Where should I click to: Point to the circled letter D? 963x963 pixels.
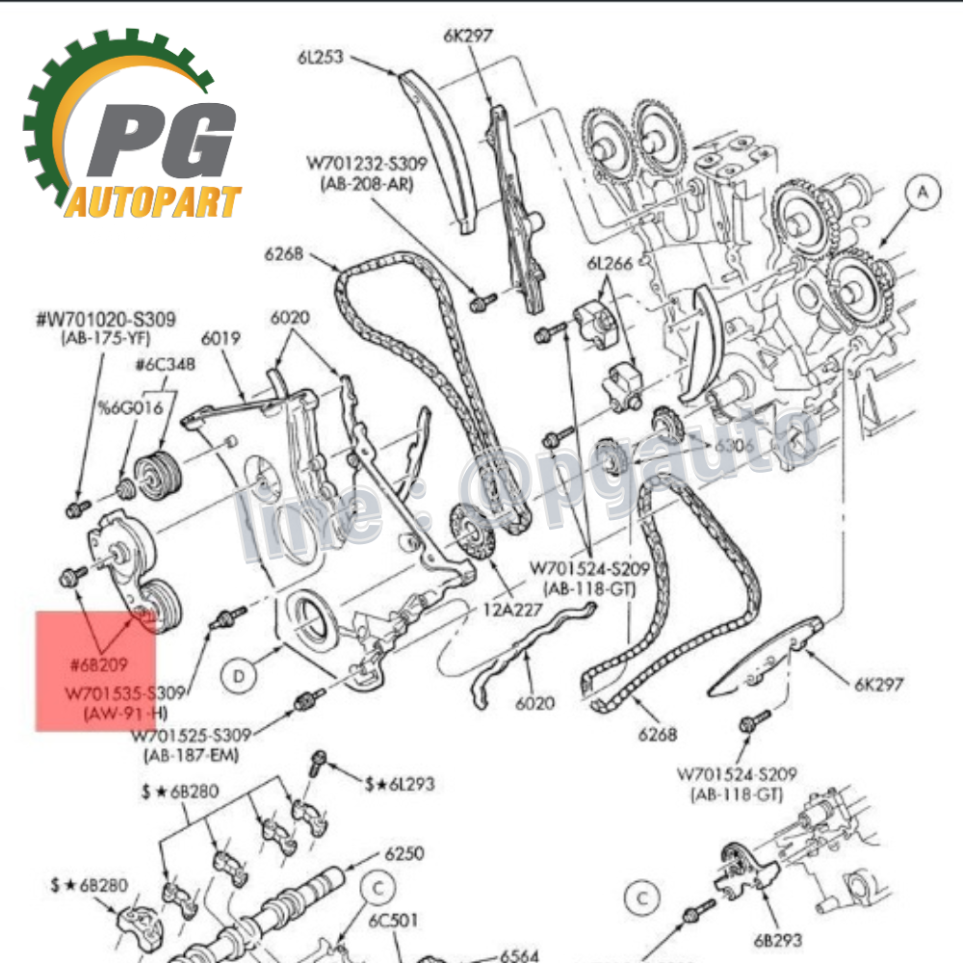[x=239, y=675]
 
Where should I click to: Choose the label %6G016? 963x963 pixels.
[x=128, y=407]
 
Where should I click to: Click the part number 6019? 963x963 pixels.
[x=221, y=340]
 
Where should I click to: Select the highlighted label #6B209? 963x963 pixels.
[x=98, y=664]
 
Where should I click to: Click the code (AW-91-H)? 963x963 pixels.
[x=121, y=713]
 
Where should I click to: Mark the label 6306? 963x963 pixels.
[x=734, y=447]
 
